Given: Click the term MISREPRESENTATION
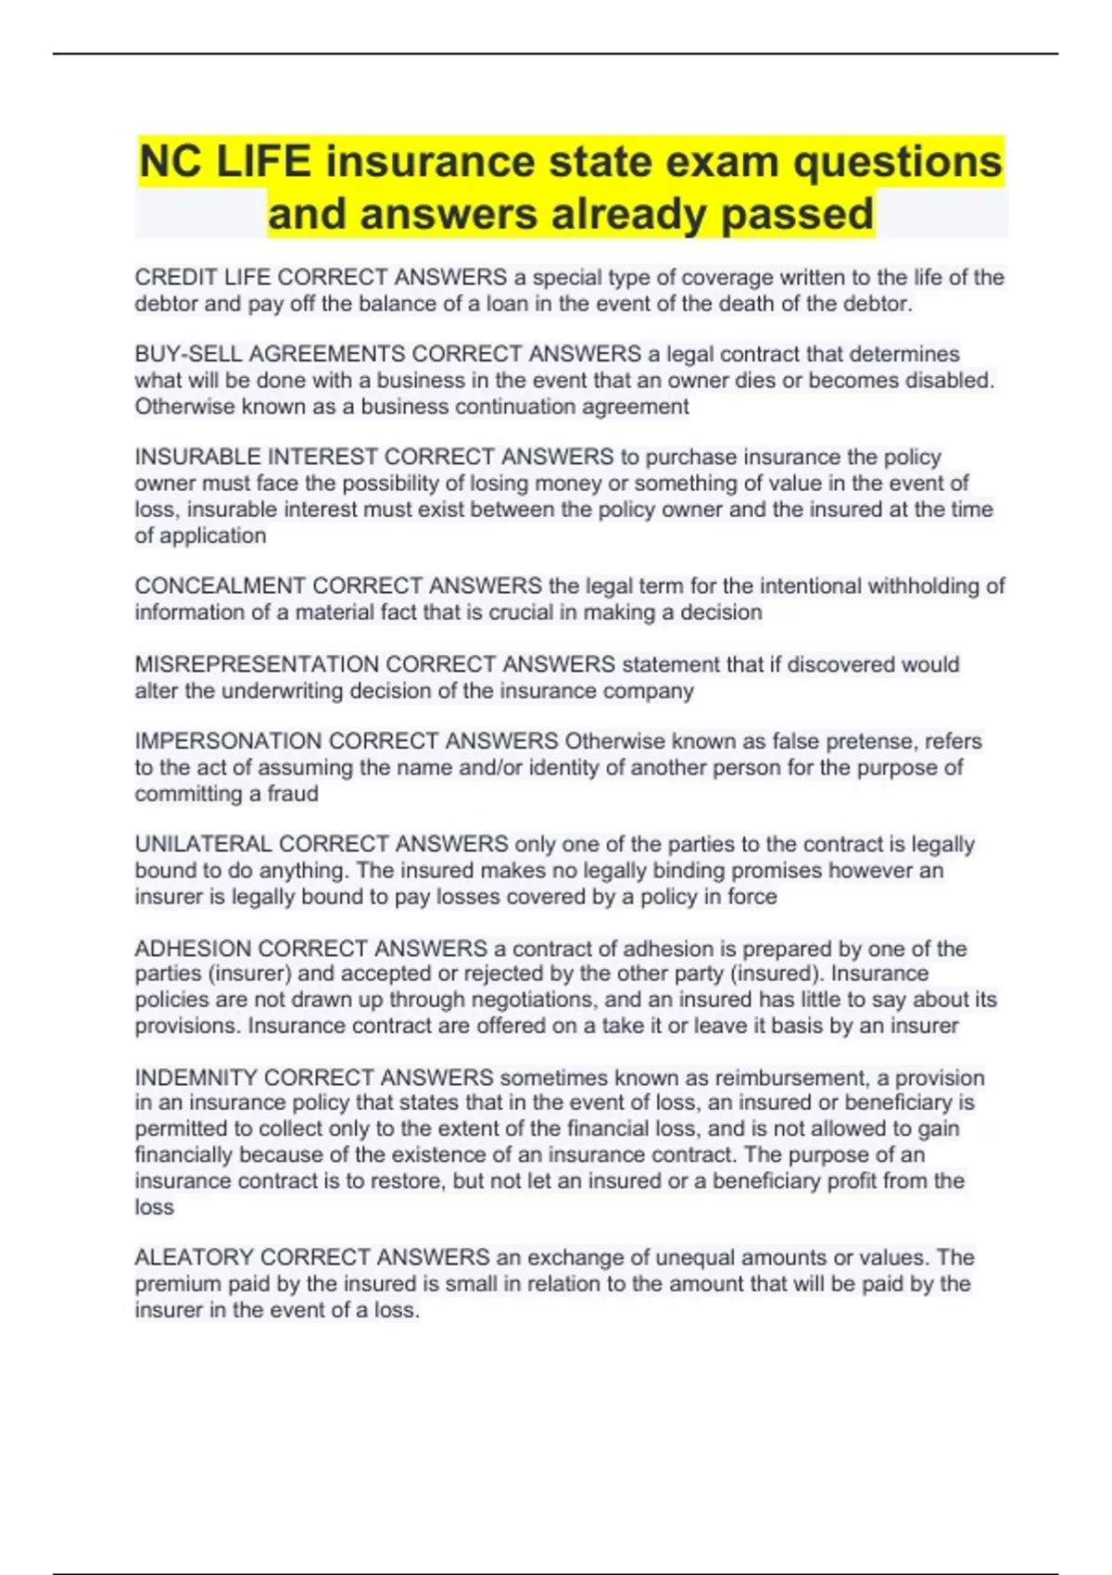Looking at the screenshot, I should point(257,664).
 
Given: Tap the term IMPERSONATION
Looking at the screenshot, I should point(228,741).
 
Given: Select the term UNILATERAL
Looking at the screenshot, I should point(203,844).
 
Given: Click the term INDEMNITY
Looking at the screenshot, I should point(196,1077).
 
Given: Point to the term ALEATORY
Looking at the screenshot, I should point(194,1257).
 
